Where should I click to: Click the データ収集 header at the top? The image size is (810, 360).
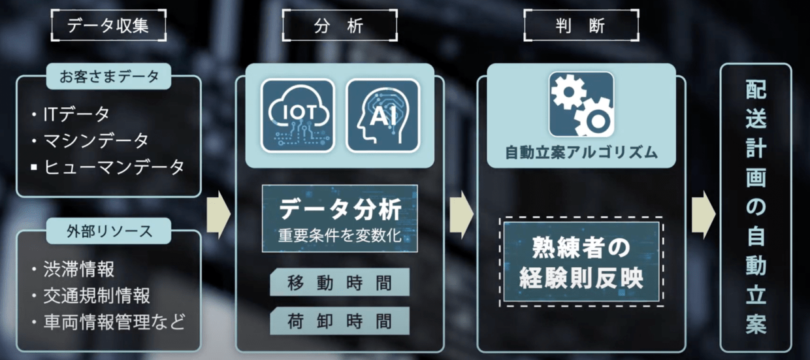click(x=108, y=25)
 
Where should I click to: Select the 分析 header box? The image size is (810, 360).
click(x=340, y=25)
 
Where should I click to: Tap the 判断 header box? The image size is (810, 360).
click(x=581, y=25)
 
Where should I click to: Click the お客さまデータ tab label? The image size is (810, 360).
click(x=109, y=76)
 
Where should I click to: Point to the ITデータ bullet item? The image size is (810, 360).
click(x=71, y=114)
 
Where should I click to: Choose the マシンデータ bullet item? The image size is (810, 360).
click(x=90, y=140)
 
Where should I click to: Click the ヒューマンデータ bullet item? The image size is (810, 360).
click(x=108, y=167)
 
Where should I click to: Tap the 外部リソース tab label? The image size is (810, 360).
click(x=109, y=231)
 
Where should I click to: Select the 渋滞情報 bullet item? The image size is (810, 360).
click(x=73, y=269)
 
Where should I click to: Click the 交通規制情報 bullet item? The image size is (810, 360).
click(x=91, y=295)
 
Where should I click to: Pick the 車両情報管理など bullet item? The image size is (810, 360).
click(x=109, y=322)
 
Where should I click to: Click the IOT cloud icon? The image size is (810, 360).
click(x=298, y=116)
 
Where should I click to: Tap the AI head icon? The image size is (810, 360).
click(x=383, y=116)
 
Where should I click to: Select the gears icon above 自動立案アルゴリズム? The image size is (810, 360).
click(x=581, y=105)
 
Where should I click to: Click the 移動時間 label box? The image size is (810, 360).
click(x=340, y=282)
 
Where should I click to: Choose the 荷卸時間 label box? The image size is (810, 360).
click(x=340, y=321)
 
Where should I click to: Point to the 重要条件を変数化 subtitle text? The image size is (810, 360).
click(x=340, y=236)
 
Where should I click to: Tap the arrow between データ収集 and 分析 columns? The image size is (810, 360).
click(x=219, y=215)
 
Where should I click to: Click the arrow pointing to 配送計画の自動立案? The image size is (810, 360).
click(x=704, y=215)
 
